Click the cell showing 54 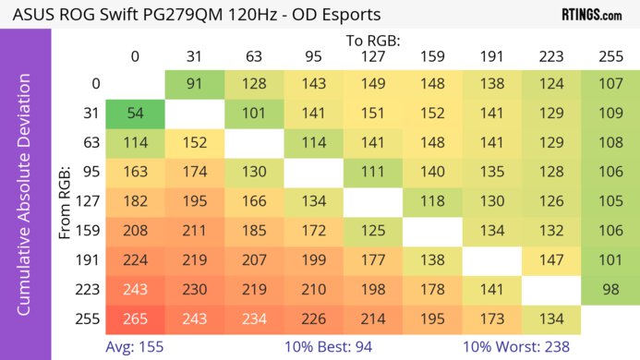click(x=135, y=114)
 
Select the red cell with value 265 click(x=135, y=318)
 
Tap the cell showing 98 click(x=610, y=290)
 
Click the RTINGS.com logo click(x=591, y=16)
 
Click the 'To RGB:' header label click(x=373, y=41)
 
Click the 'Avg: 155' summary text click(x=138, y=346)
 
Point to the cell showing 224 click(x=135, y=260)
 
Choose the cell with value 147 click(x=551, y=260)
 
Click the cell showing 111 click(x=373, y=173)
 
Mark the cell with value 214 click(x=373, y=318)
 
